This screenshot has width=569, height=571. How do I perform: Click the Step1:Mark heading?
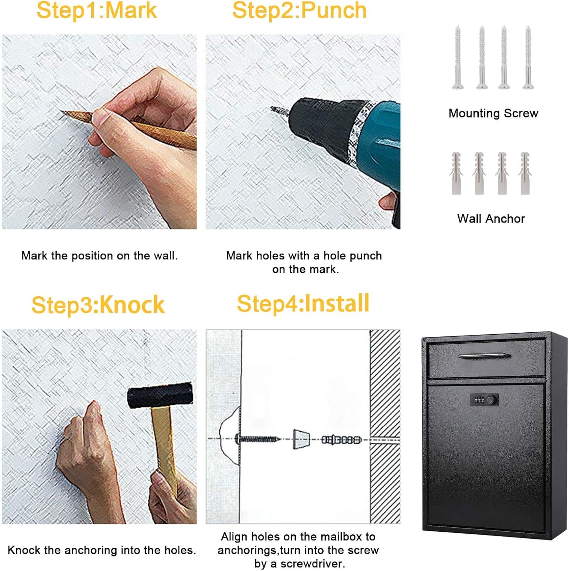[x=96, y=10]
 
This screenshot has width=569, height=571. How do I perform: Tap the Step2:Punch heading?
[x=299, y=10]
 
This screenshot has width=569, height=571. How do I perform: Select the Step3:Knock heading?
[x=98, y=305]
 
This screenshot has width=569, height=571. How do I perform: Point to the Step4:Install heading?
[x=303, y=303]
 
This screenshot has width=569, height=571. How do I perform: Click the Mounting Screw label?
[x=493, y=113]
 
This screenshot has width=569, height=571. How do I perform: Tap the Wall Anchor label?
[x=491, y=219]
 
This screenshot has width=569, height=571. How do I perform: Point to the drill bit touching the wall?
[x=278, y=111]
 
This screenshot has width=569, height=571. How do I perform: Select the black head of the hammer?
[x=160, y=395]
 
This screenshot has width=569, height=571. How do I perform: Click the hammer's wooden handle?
[x=164, y=445]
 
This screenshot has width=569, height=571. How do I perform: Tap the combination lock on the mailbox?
[x=484, y=400]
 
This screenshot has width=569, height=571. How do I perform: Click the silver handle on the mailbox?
[x=484, y=356]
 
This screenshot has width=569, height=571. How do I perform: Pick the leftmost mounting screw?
[x=458, y=57]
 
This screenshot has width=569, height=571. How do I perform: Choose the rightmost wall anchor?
[x=525, y=173]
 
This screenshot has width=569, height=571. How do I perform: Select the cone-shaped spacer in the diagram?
[x=301, y=439]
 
